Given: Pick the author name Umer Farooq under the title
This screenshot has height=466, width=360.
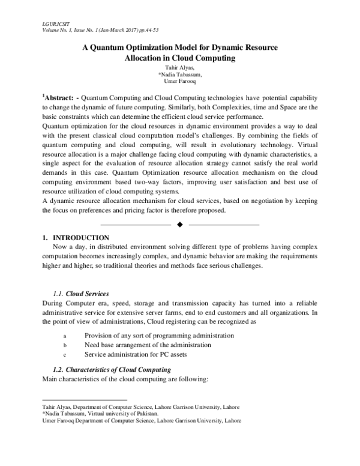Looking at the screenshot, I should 180,83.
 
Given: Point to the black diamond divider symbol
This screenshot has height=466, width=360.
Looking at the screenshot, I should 180,224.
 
